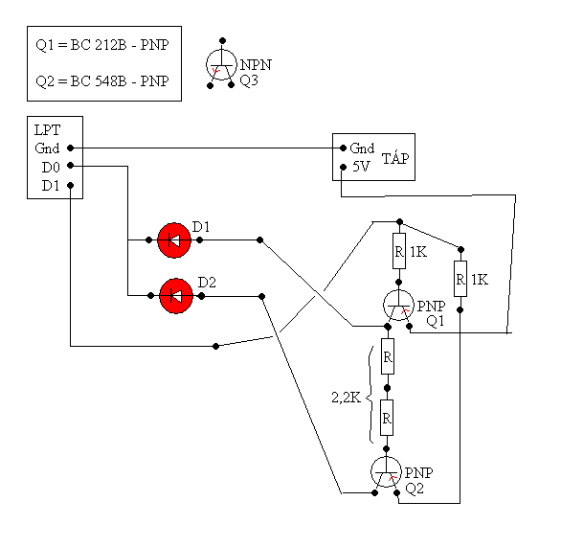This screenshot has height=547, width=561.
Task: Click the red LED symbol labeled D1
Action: pos(174,240)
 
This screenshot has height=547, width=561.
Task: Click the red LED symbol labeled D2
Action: pos(176,296)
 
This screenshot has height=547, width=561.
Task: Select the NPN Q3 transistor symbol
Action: pos(221,65)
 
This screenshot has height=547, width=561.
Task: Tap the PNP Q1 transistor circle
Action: pos(398,305)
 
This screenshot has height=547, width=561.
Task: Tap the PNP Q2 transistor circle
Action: pos(386,472)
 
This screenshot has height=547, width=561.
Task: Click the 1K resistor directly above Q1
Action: pos(399,251)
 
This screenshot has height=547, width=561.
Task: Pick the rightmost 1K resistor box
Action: pos(460,279)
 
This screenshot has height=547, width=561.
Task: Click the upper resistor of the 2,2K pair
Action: pos(388,356)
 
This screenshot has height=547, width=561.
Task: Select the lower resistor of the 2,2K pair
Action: pos(387,418)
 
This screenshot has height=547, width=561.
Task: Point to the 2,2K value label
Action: pos(346,398)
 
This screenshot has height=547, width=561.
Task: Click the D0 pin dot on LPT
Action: pos(71,166)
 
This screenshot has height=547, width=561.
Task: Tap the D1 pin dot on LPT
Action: pos(71,186)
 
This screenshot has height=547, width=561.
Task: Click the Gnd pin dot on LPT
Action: pos(71,148)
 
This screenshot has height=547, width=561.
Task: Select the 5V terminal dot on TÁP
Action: pos(343,167)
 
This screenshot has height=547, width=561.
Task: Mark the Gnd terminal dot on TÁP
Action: pos(343,148)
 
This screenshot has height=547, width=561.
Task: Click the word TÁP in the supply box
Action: pos(395,158)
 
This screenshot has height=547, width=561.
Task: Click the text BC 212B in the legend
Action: pos(99,45)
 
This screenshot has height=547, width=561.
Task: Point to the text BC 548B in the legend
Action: pos(99,81)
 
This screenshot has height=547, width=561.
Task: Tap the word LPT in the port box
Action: pos(47,130)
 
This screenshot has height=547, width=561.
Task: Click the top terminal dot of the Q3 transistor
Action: pos(222,40)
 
